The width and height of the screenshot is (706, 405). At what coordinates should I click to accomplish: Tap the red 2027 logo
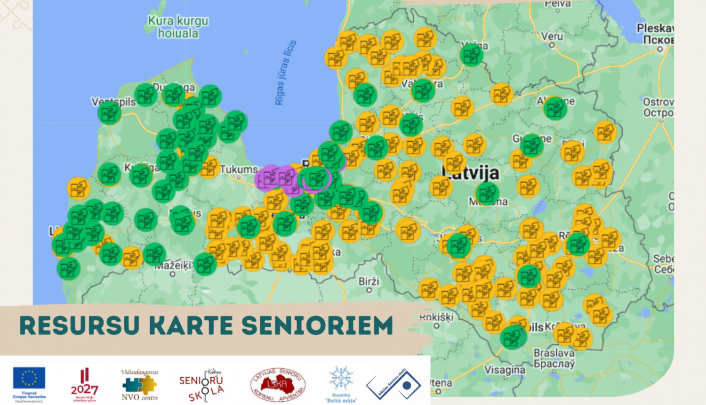85,384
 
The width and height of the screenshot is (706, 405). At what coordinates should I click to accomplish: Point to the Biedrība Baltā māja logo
341,384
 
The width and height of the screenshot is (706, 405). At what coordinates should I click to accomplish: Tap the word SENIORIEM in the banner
317,325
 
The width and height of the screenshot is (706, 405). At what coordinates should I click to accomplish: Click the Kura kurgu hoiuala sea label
178,27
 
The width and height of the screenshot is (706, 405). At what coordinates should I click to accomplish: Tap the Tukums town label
239,169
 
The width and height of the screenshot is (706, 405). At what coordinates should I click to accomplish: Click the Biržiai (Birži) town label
369,281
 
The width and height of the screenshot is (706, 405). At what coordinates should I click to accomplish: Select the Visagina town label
505,370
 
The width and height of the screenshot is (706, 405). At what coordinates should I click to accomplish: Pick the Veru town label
552,37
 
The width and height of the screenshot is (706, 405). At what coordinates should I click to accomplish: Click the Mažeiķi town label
173,266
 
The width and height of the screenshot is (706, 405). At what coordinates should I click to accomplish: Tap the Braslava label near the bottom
554,353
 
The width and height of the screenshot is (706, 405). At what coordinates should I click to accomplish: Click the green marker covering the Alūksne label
555,108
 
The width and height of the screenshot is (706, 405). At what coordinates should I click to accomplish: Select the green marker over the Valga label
471,55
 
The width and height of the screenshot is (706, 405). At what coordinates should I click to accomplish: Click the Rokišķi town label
436,317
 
